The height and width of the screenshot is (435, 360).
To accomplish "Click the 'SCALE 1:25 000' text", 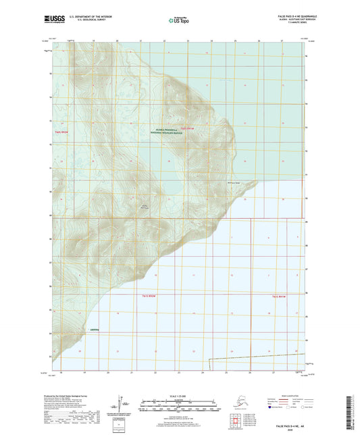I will coord(179,395).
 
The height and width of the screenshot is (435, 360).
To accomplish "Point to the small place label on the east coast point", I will coord(232,183).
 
